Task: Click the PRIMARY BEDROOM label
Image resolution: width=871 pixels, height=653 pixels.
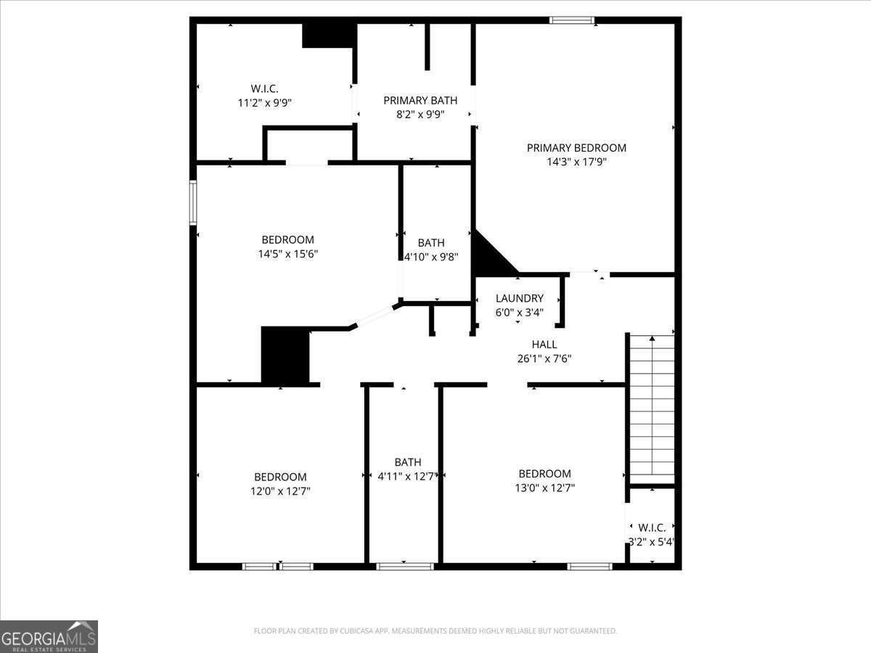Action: (x=576, y=148)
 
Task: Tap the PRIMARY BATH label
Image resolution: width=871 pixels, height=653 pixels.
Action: (x=420, y=101)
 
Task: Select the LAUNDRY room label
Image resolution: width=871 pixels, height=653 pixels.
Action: (x=519, y=298)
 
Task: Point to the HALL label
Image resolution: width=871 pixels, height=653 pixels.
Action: (x=544, y=345)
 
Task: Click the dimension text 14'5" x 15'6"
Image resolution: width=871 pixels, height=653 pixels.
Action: (x=288, y=254)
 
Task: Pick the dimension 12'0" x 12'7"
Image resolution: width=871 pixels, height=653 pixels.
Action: (x=280, y=491)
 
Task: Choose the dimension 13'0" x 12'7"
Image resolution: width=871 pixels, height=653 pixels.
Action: (x=544, y=488)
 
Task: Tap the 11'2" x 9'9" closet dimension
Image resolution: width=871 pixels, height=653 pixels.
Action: (x=265, y=103)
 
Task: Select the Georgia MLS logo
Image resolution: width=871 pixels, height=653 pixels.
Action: (x=49, y=636)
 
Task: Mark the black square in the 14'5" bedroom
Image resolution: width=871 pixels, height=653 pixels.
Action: (x=285, y=355)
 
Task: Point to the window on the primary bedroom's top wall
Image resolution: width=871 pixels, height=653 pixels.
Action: (x=572, y=20)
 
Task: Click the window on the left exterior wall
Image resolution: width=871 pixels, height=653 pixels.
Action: (x=193, y=202)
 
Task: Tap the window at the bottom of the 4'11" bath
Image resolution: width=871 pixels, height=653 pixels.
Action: (x=405, y=566)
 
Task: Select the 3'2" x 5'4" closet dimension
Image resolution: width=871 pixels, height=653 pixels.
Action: (x=652, y=541)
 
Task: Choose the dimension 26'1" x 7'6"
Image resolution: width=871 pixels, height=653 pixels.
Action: (x=544, y=358)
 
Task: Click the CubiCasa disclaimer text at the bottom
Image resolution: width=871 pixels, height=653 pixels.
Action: (x=435, y=631)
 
